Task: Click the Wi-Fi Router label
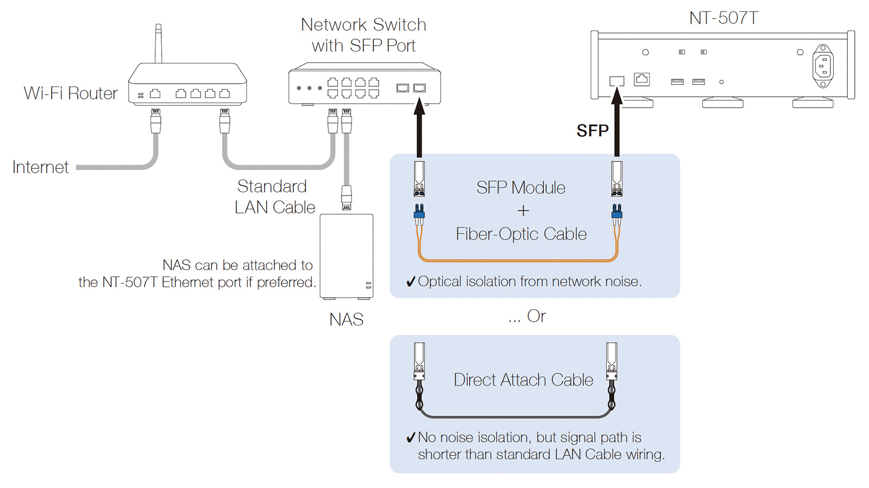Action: (x=71, y=93)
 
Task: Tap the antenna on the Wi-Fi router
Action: (x=158, y=43)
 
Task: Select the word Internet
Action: (x=40, y=167)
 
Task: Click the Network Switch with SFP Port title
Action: (x=363, y=35)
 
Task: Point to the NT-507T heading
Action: (x=723, y=18)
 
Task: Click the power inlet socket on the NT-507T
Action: (x=823, y=66)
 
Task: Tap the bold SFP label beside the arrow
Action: (x=592, y=131)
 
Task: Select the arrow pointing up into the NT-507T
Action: (x=617, y=122)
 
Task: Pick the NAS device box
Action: (x=347, y=256)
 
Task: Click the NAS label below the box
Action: (x=346, y=320)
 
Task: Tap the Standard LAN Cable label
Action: (x=274, y=197)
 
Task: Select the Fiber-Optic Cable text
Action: (x=521, y=234)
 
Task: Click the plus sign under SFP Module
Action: (x=523, y=211)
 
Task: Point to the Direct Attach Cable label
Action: (x=523, y=380)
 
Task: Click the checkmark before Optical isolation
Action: (x=411, y=281)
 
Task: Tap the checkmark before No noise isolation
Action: (x=411, y=437)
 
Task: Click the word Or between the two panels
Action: (x=536, y=316)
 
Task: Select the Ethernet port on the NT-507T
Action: (x=641, y=79)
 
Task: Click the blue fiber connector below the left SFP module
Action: (x=419, y=213)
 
